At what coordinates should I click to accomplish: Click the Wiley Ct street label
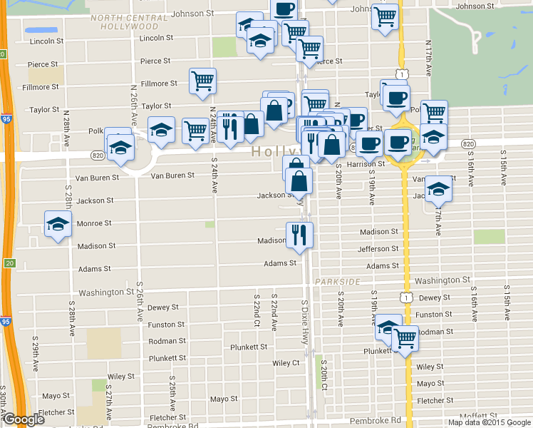pyautogui.click(x=286, y=362)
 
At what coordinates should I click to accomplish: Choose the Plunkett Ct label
pyautogui.click(x=248, y=347)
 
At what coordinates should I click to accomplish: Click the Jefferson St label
pyautogui.click(x=378, y=249)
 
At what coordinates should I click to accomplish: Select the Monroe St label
pyautogui.click(x=94, y=223)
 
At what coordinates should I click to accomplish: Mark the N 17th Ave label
pyautogui.click(x=430, y=58)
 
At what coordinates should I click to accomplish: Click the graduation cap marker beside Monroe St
pyautogui.click(x=57, y=225)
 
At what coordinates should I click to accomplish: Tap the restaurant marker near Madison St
pyautogui.click(x=299, y=235)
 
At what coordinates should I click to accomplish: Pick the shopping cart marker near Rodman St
pyautogui.click(x=405, y=338)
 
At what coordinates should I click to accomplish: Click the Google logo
pyautogui.click(x=24, y=420)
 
